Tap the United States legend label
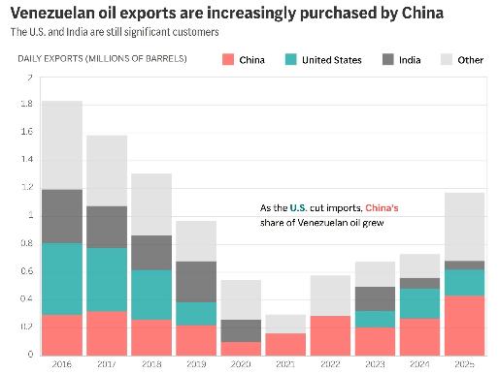point(333,60)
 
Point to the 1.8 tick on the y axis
point(24,105)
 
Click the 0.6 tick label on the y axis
point(24,271)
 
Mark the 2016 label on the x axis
point(61,364)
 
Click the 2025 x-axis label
point(464,364)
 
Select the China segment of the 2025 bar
point(464,326)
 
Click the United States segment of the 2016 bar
point(61,279)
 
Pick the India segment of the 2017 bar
point(108,227)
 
